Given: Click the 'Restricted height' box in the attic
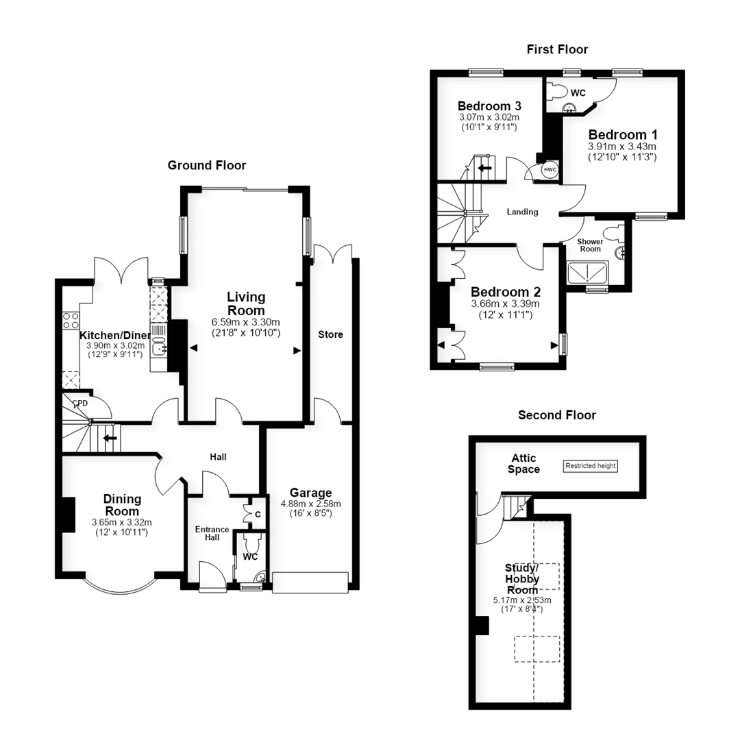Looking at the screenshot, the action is pos(591,466).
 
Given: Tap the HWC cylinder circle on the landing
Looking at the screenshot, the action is pos(550,170).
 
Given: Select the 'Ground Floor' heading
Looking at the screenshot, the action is pos(207,165).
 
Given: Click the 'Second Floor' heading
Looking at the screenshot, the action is pos(557,415).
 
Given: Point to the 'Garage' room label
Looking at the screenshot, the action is pos(310,493).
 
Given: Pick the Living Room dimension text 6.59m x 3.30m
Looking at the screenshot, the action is pos(245,322).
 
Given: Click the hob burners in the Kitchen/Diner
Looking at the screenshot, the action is pos(71,321).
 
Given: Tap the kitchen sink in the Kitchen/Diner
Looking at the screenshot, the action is pos(159,347).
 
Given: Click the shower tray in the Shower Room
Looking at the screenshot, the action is pos(588,273).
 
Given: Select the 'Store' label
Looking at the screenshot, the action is pos(330,334).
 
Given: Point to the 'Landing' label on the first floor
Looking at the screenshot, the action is pos(522,212).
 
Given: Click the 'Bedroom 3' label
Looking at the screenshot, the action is pos(489,106).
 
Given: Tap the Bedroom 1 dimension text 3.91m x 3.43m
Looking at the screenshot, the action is pos(622,147).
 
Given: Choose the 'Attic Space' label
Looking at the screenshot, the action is pos(524,463).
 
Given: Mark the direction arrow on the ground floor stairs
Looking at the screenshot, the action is pos(110,438).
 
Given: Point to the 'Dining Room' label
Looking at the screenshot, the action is pos(122,505).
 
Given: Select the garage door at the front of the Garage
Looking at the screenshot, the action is pos(310,582).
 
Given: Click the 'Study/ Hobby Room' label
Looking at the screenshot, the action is pos(522,579).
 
